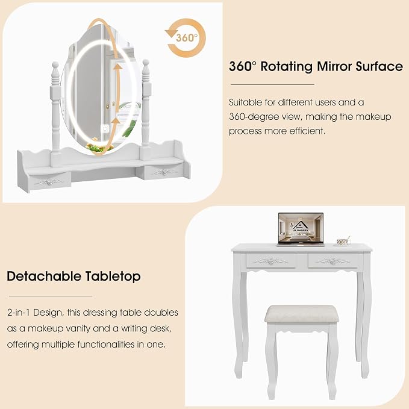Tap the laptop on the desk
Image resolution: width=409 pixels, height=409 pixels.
[301, 229]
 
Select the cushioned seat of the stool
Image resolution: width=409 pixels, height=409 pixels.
[302, 314]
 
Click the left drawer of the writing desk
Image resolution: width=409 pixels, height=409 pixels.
[271, 261]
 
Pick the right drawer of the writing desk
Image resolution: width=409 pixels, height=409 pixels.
[333, 261]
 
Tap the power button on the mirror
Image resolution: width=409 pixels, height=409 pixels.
[105, 128]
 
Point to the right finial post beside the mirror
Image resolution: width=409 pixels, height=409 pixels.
[146, 104]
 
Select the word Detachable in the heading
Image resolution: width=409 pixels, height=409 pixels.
[44, 276]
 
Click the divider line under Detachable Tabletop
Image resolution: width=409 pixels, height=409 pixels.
[51, 296]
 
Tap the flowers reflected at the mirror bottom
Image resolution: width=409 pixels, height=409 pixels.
[97, 148]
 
